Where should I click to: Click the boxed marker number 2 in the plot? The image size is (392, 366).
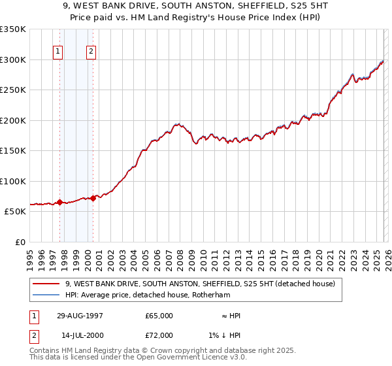click(x=91, y=52)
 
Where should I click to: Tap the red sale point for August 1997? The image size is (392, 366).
click(x=59, y=203)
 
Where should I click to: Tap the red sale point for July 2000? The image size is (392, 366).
click(x=93, y=198)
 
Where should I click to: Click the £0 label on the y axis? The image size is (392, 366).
click(x=20, y=242)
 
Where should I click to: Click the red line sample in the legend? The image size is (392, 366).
click(x=46, y=284)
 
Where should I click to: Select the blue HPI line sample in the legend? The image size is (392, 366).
click(x=46, y=295)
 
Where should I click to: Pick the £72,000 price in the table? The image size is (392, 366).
click(x=159, y=335)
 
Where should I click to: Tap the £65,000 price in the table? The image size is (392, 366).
click(x=159, y=316)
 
